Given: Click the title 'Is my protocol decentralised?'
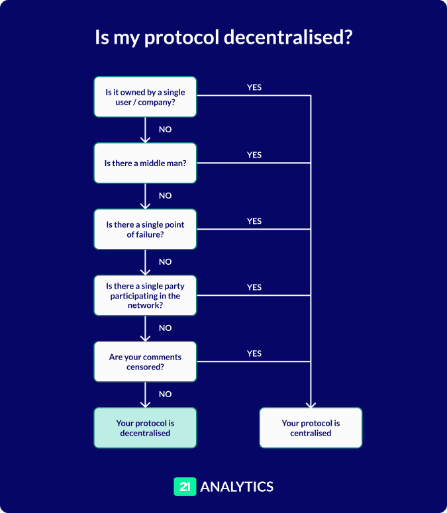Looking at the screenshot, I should pyautogui.click(x=223, y=38).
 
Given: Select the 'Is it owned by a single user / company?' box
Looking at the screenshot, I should pyautogui.click(x=145, y=97).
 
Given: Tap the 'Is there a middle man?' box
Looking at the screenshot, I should pyautogui.click(x=145, y=163).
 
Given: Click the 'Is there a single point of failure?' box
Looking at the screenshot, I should pyautogui.click(x=145, y=230).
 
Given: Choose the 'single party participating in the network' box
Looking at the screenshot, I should pyautogui.click(x=145, y=296).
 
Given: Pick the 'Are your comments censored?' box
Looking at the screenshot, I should pyautogui.click(x=145, y=361).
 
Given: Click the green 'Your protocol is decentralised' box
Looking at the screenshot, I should pyautogui.click(x=145, y=428).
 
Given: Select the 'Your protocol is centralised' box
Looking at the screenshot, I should pyautogui.click(x=311, y=428).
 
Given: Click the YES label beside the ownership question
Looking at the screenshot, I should pyautogui.click(x=254, y=87).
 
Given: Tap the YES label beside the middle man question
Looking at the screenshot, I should pyautogui.click(x=254, y=155).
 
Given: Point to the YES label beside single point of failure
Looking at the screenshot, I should pyautogui.click(x=254, y=221).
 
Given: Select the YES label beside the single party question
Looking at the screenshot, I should pyautogui.click(x=254, y=287).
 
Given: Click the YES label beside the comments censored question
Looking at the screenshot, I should pyautogui.click(x=254, y=353).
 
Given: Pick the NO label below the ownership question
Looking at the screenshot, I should pyautogui.click(x=165, y=130).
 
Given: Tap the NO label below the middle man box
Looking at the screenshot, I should pyautogui.click(x=165, y=196).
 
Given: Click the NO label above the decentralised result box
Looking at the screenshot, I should pyautogui.click(x=165, y=395).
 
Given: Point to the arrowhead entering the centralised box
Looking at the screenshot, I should pyautogui.click(x=311, y=404).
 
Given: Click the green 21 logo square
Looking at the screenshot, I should pyautogui.click(x=185, y=487).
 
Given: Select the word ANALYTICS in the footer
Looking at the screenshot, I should pyautogui.click(x=236, y=487).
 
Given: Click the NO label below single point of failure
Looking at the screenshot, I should pyautogui.click(x=165, y=262).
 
